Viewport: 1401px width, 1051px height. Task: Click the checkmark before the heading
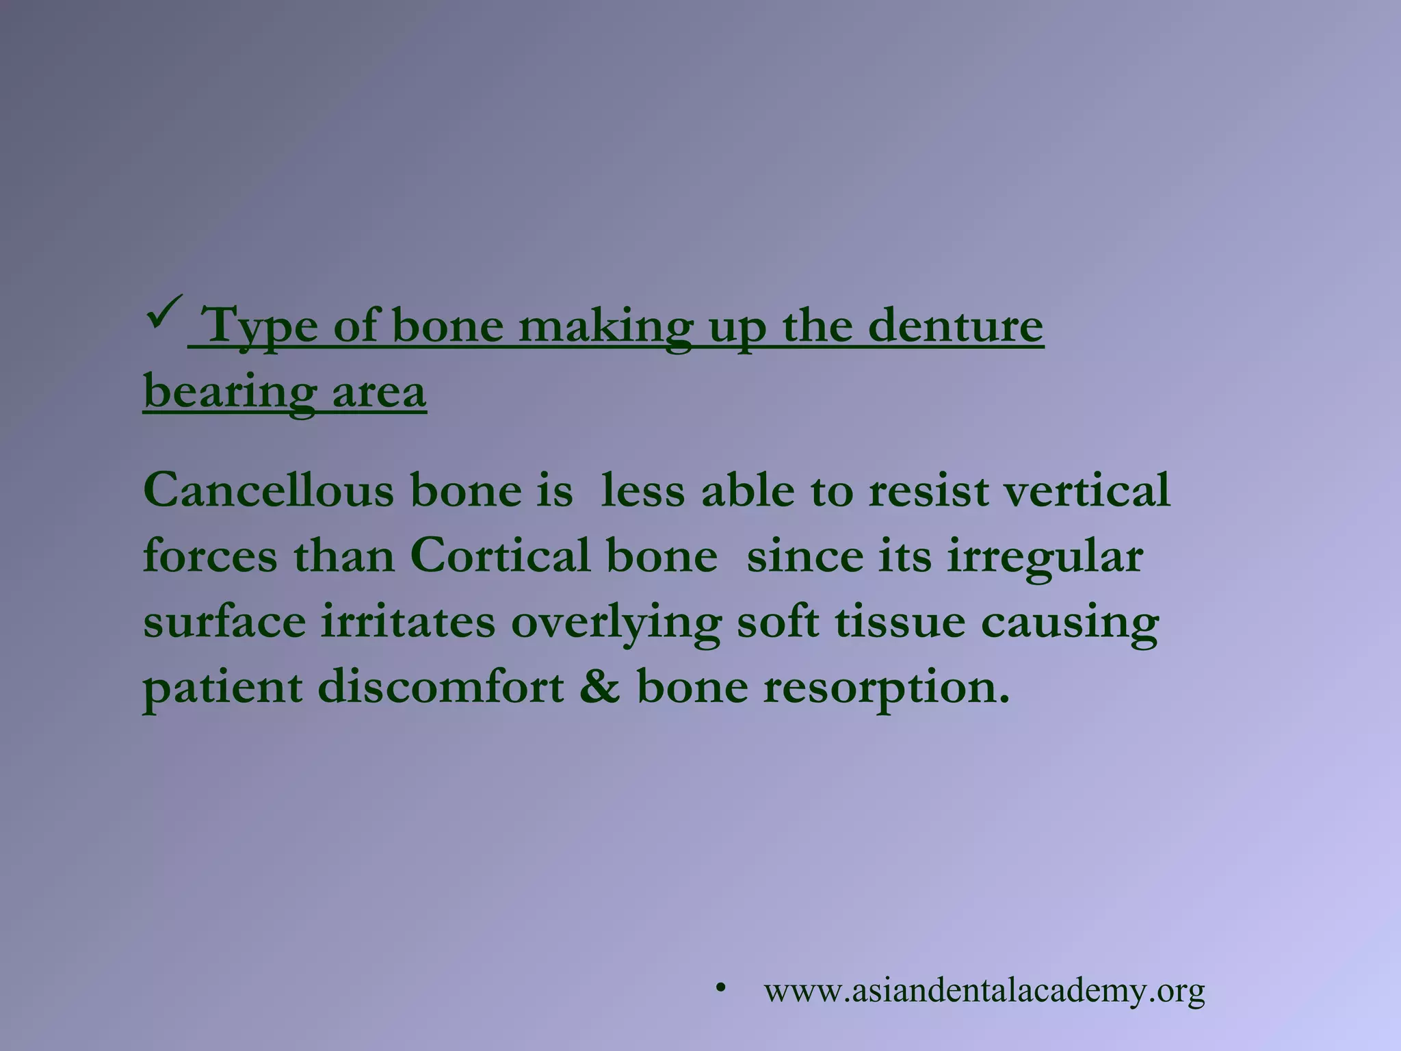coord(163,311)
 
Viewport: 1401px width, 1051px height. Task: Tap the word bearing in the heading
coord(230,393)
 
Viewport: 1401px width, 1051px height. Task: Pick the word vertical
coord(1088,491)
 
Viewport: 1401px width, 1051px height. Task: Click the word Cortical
coord(500,556)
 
